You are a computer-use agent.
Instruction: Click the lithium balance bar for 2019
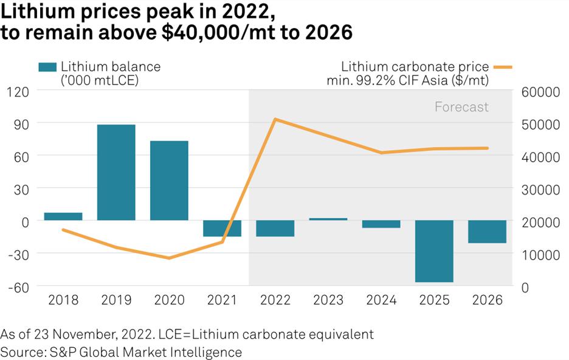116,172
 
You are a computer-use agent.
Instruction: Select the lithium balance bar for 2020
169,181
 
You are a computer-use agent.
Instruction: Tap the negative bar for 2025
434,251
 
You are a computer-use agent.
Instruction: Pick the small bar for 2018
63,216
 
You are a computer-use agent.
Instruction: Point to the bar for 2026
487,232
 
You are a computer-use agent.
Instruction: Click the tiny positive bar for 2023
328,219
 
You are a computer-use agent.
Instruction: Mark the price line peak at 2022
275,119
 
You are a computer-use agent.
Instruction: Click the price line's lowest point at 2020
169,258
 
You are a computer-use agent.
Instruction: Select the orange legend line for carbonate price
503,67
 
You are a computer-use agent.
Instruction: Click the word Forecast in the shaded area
461,107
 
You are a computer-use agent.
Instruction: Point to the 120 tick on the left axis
21,91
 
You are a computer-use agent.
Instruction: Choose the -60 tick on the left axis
21,286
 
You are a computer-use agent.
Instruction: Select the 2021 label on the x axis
222,300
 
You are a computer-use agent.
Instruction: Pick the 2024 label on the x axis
381,300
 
